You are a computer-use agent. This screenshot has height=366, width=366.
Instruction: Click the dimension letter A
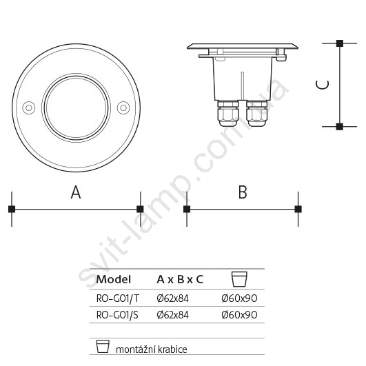tap(76, 192)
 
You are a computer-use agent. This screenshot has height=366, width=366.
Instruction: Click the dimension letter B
tap(243, 192)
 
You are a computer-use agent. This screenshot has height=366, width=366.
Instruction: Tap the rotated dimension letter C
tap(323, 85)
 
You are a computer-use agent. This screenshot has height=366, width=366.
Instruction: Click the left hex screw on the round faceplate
tap(29, 108)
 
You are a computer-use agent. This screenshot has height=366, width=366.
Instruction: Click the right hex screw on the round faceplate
tap(123, 108)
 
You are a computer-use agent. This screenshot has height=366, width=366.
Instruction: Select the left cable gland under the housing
tap(228, 114)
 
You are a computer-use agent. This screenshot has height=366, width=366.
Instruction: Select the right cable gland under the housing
tap(256, 114)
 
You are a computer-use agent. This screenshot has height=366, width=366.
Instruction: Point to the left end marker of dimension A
tap(12, 209)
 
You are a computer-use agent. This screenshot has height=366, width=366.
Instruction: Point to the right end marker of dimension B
tap(298, 209)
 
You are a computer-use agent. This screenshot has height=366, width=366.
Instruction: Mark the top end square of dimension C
tap(340, 43)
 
